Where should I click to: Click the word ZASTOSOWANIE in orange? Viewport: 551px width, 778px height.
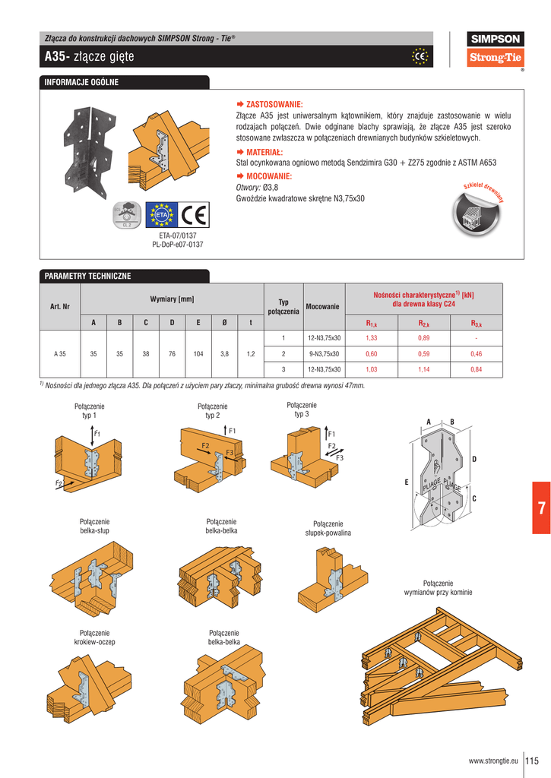coord(274,104)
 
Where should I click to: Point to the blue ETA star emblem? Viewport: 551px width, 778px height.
coord(160,216)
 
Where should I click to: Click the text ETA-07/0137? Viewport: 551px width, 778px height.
coord(178,236)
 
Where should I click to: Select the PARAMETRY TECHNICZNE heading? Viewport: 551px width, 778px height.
coord(88,276)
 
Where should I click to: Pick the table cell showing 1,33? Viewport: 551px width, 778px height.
coord(371,338)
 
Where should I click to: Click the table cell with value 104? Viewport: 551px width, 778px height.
coord(198,354)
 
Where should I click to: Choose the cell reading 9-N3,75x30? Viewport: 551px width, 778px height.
coord(324,354)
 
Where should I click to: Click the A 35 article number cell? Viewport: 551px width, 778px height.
coord(60,354)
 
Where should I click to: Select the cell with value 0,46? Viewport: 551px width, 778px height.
coord(476,354)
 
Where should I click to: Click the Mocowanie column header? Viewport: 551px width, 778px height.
coord(322,307)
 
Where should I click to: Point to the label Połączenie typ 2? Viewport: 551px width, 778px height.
coord(212,411)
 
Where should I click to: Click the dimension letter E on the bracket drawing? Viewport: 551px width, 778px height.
coord(406,482)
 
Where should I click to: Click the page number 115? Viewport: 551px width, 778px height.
coord(531,760)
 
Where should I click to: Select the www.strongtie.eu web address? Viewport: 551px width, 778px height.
coord(493,761)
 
